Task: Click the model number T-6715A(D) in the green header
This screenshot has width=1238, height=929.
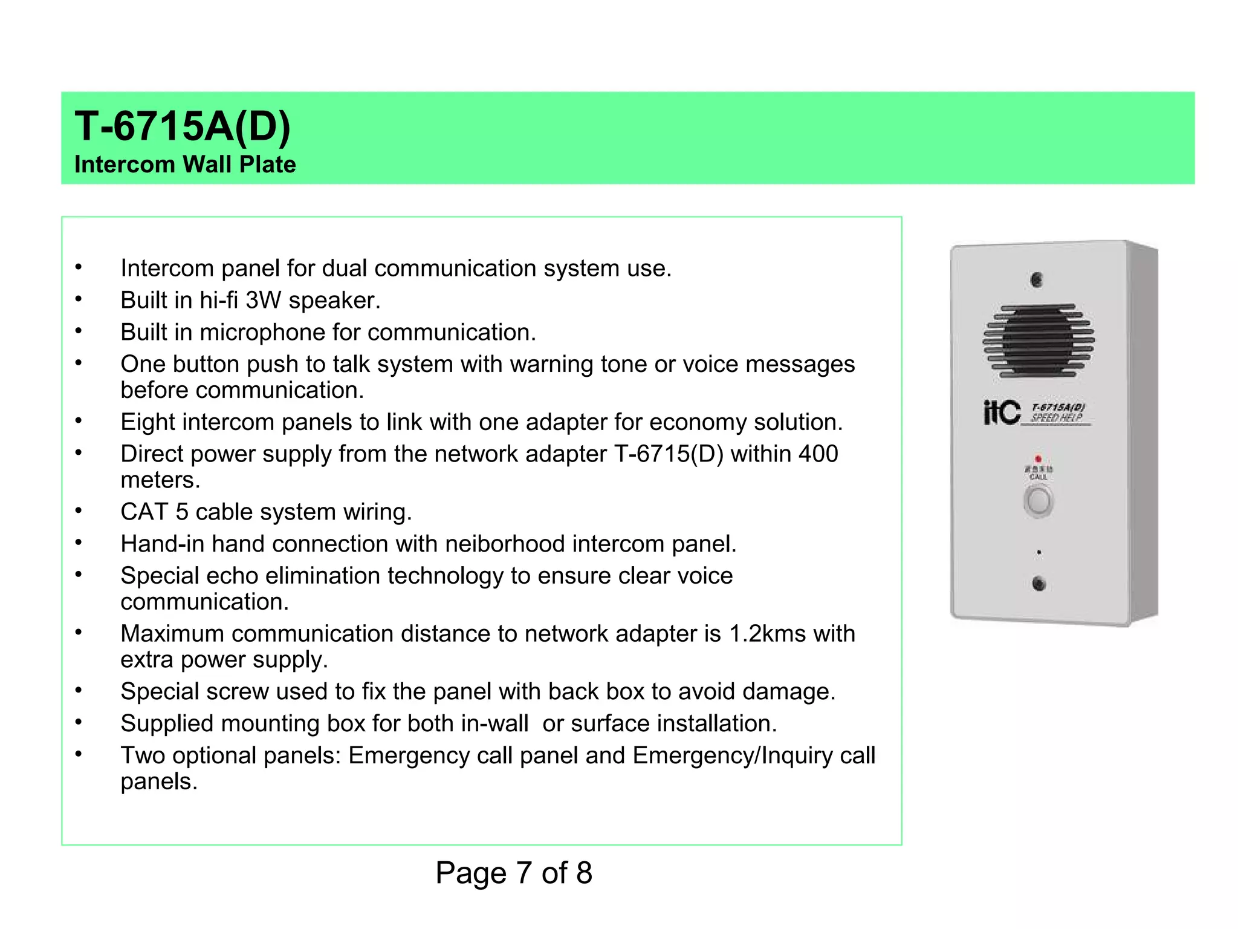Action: (182, 126)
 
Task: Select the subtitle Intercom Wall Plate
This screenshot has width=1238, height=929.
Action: (185, 165)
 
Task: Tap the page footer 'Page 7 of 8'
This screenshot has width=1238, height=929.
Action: (513, 873)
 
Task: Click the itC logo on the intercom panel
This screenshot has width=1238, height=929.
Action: (1002, 412)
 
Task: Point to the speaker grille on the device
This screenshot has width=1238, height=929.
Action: (1039, 341)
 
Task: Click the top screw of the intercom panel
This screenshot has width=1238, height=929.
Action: (1037, 280)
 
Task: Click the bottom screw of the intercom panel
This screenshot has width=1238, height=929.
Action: (1039, 584)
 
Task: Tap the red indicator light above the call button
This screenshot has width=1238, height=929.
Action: (1039, 459)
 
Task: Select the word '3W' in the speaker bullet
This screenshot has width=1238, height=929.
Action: (264, 301)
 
